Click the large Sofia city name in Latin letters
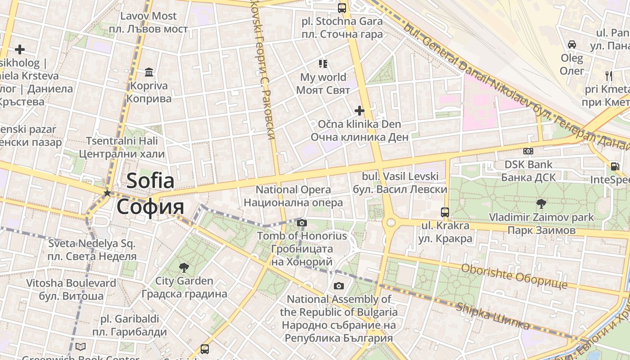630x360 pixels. [150, 181]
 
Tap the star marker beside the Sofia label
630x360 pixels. [107, 193]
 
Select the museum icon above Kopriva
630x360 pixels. [149, 72]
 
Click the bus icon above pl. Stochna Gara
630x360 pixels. [342, 8]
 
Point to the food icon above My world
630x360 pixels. [323, 63]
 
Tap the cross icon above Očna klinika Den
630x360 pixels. [359, 110]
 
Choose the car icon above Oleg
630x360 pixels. [572, 45]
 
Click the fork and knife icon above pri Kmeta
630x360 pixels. [609, 76]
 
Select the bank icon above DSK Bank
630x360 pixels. [528, 151]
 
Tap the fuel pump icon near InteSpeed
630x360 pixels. [615, 166]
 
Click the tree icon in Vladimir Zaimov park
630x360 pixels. [541, 204]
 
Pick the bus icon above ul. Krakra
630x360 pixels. [445, 212]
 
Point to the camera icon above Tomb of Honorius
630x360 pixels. [302, 223]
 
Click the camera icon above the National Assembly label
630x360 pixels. [339, 286]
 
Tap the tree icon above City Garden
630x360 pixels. [184, 268]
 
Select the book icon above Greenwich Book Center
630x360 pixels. [81, 346]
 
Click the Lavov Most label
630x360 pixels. [148, 16]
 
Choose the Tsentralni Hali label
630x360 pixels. [122, 141]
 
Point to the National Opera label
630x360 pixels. [293, 190]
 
